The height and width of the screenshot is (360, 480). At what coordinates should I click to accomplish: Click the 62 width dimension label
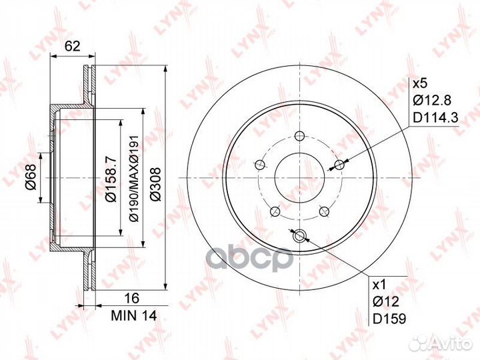[x=73, y=46]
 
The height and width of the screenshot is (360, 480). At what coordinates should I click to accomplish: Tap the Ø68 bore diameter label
[x=31, y=177]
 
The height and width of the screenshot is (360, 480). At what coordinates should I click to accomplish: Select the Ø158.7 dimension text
[x=111, y=178]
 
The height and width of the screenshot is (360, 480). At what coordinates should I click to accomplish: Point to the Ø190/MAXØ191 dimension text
[x=135, y=178]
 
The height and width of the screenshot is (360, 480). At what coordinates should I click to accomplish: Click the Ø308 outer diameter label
[x=156, y=184]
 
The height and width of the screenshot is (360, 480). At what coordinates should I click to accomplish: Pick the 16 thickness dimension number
[x=132, y=298]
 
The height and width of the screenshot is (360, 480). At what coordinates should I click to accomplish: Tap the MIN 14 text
[x=134, y=315]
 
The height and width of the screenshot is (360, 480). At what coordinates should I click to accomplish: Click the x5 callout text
[x=420, y=83]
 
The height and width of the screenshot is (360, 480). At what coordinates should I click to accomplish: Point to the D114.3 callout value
[x=435, y=117]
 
